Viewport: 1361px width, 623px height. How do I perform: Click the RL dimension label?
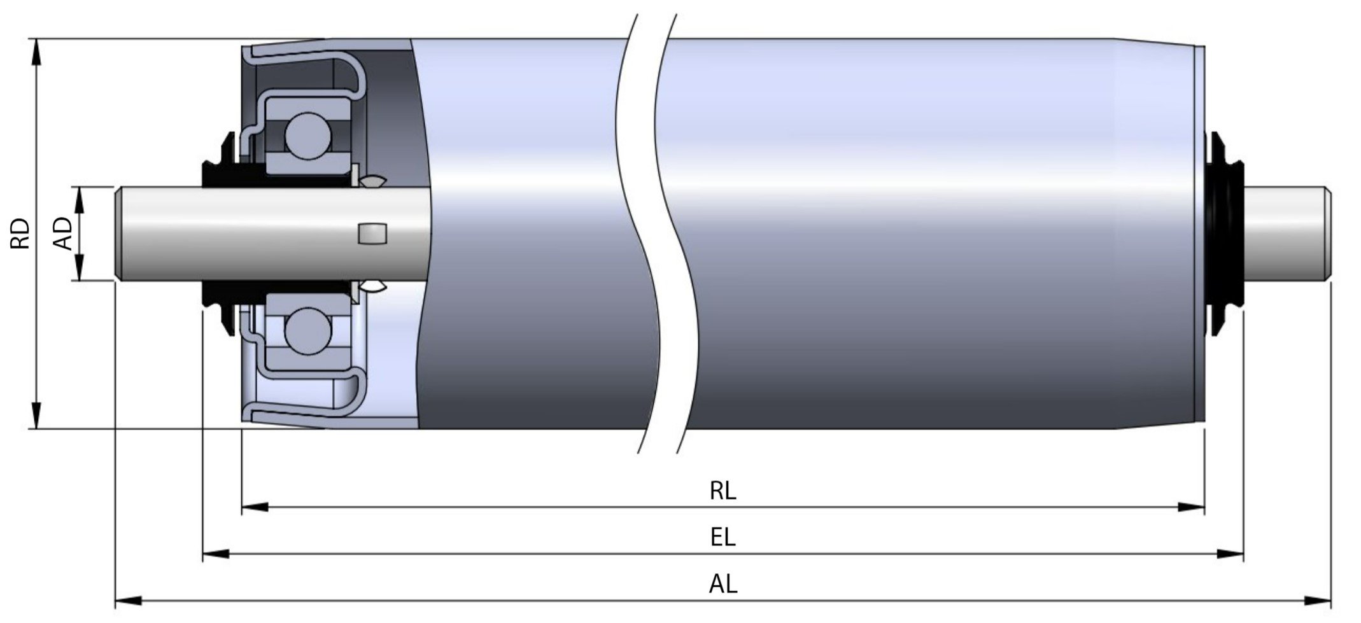coord(723,491)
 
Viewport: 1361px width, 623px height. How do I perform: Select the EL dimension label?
coord(723,537)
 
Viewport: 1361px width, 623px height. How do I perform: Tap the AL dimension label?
coord(723,584)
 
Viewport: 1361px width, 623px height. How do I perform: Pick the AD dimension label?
coord(64,233)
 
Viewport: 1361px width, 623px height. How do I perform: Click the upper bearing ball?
coord(308,135)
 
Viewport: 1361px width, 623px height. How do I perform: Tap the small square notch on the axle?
coord(372,234)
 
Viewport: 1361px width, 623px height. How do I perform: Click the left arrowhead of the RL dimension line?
coord(255,507)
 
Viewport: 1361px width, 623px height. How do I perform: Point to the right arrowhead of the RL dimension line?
coord(1192,507)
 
